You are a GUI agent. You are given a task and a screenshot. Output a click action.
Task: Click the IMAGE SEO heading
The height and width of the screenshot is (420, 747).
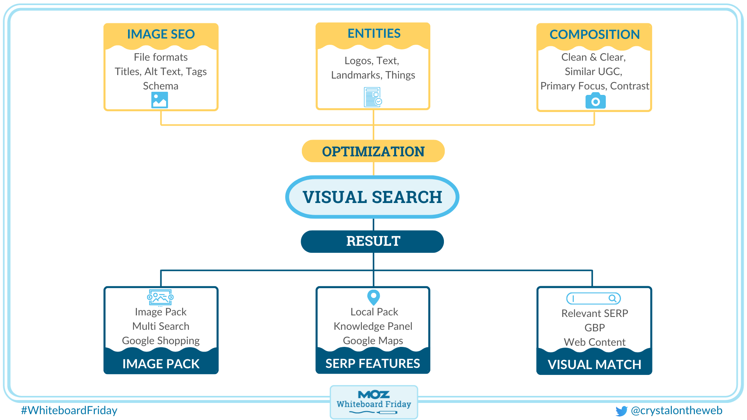161,34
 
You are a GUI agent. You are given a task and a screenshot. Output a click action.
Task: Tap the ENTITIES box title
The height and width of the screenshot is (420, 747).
373,33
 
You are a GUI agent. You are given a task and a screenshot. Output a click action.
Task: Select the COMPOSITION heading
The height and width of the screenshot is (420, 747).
594,35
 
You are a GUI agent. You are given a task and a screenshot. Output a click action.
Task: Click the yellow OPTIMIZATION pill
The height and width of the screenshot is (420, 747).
373,151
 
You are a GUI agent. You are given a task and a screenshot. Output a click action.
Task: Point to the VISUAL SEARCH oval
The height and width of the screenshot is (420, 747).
372,197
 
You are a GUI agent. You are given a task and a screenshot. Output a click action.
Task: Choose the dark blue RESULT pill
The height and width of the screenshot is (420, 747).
372,241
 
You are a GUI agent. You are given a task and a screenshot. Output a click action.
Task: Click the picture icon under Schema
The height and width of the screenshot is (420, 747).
160,100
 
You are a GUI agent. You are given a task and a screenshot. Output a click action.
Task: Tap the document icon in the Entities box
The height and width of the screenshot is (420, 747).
372,97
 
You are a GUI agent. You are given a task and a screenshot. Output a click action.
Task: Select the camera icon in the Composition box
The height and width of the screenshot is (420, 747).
595,101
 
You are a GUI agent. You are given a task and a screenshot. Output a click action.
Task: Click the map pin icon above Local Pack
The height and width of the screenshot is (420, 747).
373,297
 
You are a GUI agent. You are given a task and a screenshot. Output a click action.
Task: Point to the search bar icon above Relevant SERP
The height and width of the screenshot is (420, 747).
593,299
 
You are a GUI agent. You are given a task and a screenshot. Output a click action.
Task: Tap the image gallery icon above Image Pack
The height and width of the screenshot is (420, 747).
160,297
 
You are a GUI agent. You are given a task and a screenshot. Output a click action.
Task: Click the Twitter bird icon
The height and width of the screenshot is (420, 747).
621,411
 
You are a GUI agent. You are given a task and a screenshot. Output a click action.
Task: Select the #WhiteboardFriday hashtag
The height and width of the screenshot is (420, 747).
69,411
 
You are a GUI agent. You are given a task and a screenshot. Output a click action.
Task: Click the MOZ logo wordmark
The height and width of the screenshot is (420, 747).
373,395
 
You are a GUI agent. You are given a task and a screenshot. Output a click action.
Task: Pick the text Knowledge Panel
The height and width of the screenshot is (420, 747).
373,326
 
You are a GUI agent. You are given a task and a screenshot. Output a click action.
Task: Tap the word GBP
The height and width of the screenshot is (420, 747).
594,328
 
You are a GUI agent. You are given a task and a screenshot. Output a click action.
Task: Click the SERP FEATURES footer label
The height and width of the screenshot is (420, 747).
372,364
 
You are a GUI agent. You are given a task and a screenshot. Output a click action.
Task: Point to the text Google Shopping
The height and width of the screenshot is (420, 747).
161,341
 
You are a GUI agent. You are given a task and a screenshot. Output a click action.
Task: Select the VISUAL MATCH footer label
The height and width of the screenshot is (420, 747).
594,365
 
